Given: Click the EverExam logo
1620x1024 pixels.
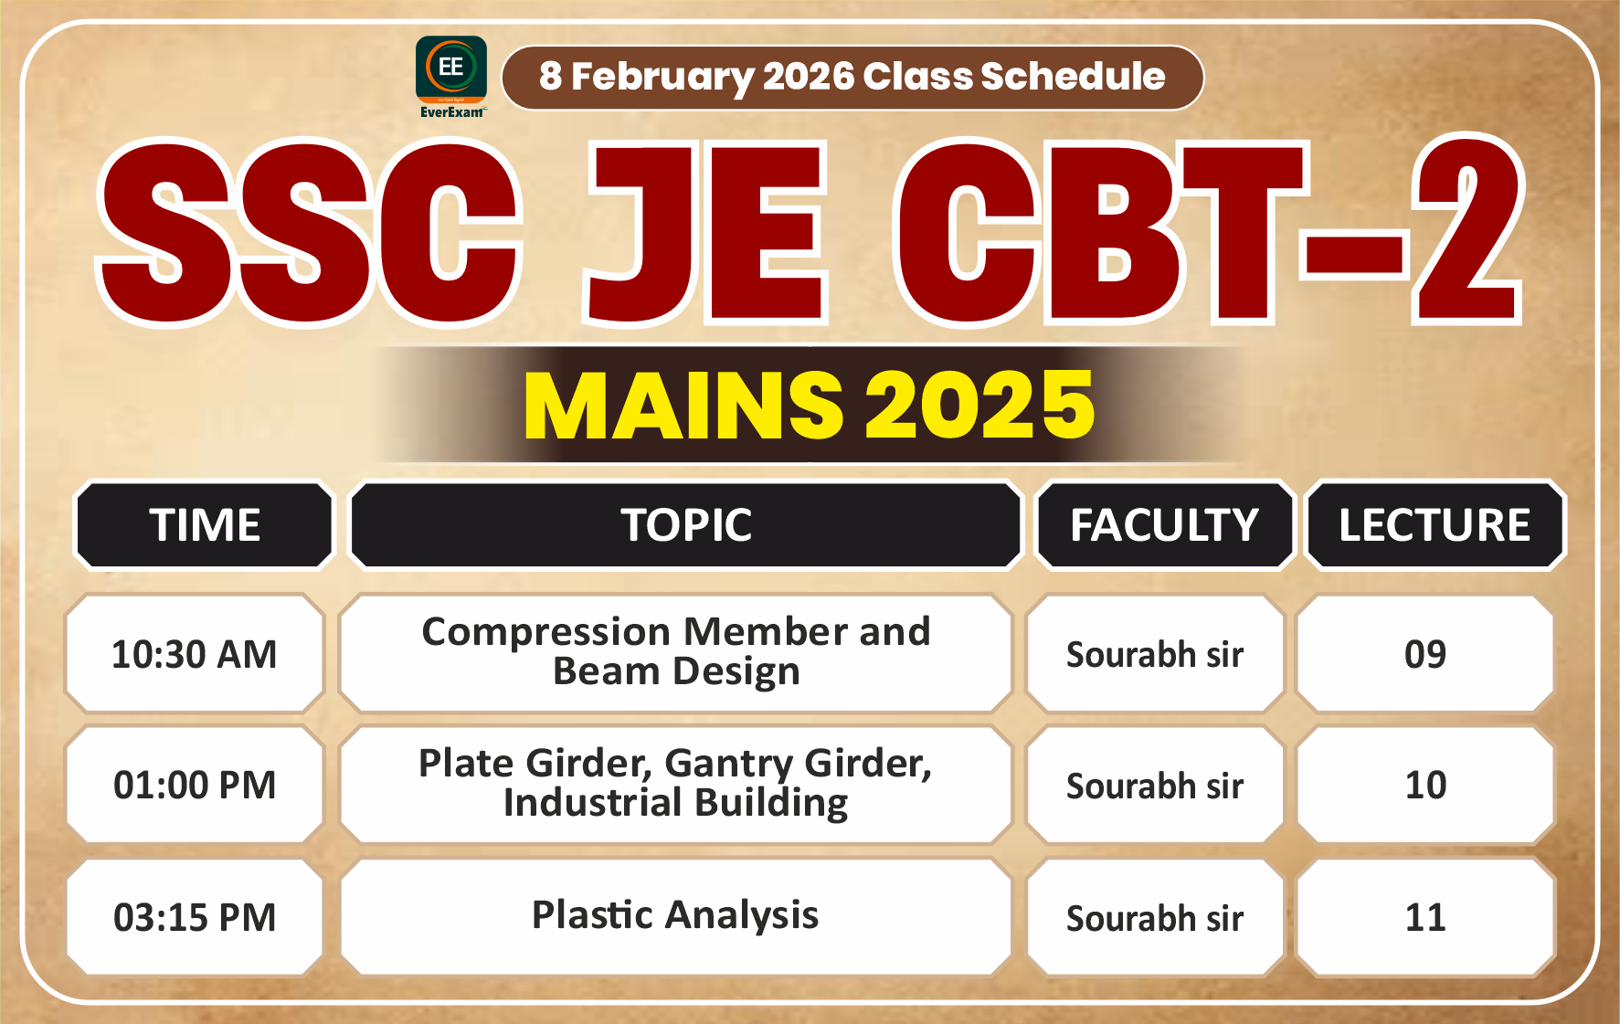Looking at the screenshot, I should coord(450,77).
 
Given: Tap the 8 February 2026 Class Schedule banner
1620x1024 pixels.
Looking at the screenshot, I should coord(852,77).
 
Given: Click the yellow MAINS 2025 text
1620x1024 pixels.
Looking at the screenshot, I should coord(809,405).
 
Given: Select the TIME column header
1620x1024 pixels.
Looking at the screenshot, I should coord(205,525).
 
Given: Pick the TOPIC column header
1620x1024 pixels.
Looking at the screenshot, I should coord(686,525).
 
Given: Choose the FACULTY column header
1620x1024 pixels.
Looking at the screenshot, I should coord(1164,525).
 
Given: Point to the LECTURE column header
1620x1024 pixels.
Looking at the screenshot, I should coord(1435,525).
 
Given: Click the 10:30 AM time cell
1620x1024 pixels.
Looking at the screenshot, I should coord(194,654).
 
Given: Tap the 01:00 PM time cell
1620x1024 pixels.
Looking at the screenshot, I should coord(194,785).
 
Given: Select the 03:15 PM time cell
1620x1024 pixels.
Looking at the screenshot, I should coord(194,917).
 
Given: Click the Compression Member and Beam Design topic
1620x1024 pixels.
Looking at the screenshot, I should coord(676,651).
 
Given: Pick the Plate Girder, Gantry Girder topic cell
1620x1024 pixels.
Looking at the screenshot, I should coord(676,783).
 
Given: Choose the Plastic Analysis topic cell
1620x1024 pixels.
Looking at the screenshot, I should coord(676,915).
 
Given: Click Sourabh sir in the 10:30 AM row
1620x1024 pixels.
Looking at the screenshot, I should coord(1155,654).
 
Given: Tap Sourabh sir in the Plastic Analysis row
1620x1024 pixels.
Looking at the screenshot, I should coord(1155,917).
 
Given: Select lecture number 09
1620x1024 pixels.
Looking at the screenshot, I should coord(1424,654).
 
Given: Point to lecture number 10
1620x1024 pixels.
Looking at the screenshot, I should coord(1424,785).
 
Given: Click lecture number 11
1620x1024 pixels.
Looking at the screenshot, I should coord(1424,917).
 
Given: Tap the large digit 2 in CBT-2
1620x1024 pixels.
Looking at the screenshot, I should coord(1466,233).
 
